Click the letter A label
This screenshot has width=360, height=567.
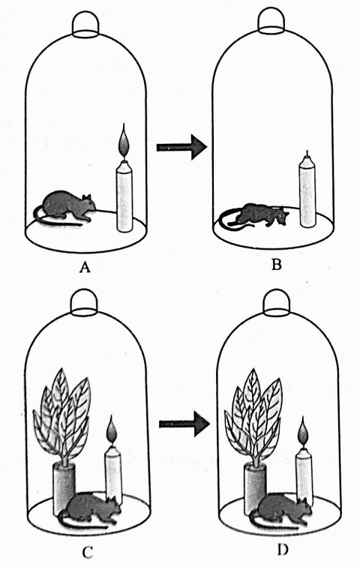(x=85, y=268)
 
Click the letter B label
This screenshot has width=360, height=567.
(x=277, y=265)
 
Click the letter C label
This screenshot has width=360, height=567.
(x=88, y=552)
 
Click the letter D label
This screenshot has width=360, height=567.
(x=283, y=550)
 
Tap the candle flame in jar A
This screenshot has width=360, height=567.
(x=124, y=142)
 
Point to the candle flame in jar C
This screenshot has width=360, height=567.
(x=111, y=430)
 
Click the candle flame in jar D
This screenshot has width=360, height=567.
(x=304, y=431)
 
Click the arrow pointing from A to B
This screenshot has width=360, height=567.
(x=181, y=147)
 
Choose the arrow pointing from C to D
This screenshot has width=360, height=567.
(x=184, y=424)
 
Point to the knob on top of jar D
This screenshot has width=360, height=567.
(x=277, y=301)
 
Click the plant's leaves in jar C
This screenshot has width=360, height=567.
(x=61, y=415)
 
